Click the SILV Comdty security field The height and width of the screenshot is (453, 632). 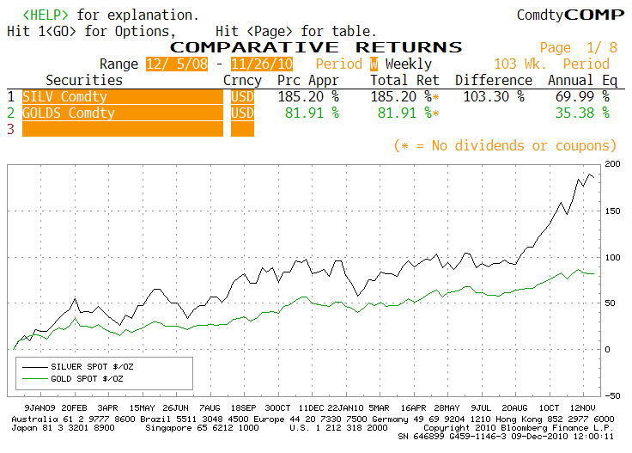(x=123, y=97)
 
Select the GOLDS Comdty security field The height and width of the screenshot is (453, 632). (x=123, y=113)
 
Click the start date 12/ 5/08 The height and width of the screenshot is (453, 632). (x=177, y=64)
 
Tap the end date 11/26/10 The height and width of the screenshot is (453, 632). (x=262, y=64)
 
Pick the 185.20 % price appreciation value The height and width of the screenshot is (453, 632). (x=308, y=97)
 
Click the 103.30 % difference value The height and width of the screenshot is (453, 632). (x=494, y=97)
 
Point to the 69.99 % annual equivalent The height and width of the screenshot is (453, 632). (x=582, y=97)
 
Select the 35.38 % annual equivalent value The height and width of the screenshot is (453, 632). (x=582, y=113)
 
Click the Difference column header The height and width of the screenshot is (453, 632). (x=494, y=80)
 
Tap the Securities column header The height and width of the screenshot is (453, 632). (x=84, y=80)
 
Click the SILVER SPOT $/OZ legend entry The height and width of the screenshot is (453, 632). (x=92, y=367)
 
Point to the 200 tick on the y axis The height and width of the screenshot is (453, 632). (x=612, y=164)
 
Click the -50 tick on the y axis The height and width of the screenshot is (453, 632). (x=612, y=395)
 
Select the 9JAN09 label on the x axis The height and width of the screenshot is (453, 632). (x=39, y=407)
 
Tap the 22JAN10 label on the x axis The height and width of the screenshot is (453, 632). (x=345, y=407)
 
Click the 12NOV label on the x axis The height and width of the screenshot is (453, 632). (x=582, y=407)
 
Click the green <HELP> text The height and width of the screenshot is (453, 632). (x=46, y=15)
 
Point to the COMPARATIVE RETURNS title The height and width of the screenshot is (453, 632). (x=316, y=47)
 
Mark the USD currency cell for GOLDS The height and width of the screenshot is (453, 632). (x=242, y=113)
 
